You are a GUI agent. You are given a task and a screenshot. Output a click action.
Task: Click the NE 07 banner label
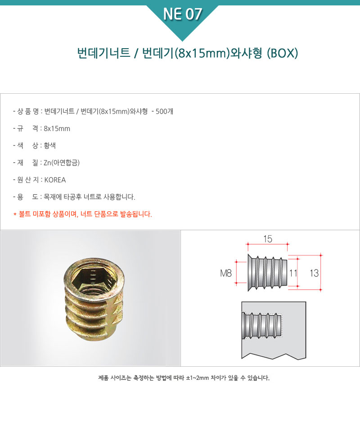pyautogui.click(x=182, y=14)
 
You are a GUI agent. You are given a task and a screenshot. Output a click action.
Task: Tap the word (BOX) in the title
pyautogui.click(x=282, y=53)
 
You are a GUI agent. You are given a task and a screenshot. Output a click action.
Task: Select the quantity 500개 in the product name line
pyautogui.click(x=164, y=111)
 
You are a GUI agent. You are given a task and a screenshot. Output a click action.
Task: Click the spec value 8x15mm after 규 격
pyautogui.click(x=57, y=128)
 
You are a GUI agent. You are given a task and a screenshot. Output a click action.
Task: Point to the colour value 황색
pyautogui.click(x=50, y=146)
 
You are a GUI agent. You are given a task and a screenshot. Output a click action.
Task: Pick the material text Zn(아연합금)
pyautogui.click(x=62, y=163)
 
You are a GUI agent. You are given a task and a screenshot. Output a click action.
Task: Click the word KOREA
pyautogui.click(x=55, y=180)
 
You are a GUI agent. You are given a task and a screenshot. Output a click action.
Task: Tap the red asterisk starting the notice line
pyautogui.click(x=15, y=214)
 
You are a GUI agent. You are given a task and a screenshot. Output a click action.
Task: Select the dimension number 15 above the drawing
pyautogui.click(x=268, y=239)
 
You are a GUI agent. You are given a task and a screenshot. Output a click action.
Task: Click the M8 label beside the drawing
pyautogui.click(x=226, y=273)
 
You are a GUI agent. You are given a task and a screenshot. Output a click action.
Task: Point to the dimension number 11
pyautogui.click(x=293, y=273)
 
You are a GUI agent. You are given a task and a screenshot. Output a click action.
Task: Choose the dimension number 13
pyautogui.click(x=314, y=273)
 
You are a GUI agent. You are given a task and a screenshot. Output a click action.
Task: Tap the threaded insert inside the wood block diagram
pyautogui.click(x=261, y=325)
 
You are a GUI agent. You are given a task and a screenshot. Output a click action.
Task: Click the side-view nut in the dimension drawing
pyautogui.click(x=268, y=273)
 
